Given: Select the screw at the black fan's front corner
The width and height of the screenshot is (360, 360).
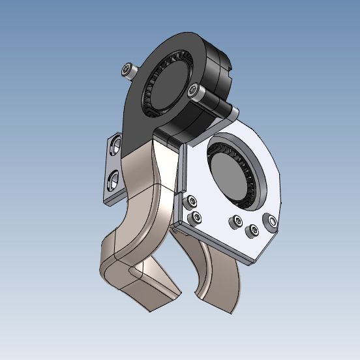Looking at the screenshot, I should pos(194,91).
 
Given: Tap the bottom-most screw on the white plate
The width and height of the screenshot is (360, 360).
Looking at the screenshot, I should pos(252,230).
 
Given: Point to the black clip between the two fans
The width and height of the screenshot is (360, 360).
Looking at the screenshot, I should pos(171,138).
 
